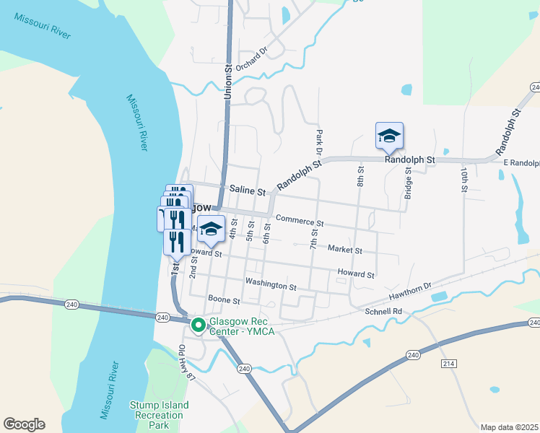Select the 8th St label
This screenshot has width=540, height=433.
coord(360,175)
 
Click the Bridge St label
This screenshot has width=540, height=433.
coord(408,183)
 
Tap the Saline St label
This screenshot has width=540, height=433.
coord(248,191)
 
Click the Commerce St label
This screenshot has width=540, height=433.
coord(300,220)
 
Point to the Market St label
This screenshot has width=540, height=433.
coord(344,250)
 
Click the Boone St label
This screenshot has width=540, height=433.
coord(223,299)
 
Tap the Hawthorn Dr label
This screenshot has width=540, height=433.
coord(408,292)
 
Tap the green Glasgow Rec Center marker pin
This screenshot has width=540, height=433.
coord(198,325)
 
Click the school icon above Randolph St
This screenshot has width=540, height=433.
coord(388,135)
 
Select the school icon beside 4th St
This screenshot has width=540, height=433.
coord(210,229)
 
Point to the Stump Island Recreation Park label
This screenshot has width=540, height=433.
coord(159,415)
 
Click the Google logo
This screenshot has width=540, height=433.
coord(24,424)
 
